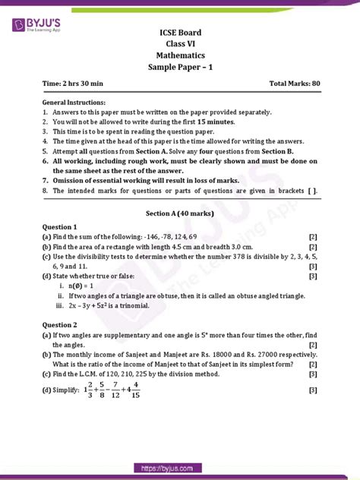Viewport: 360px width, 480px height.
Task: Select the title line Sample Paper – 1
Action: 180,68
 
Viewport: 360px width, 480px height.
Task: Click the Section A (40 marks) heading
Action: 180,213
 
